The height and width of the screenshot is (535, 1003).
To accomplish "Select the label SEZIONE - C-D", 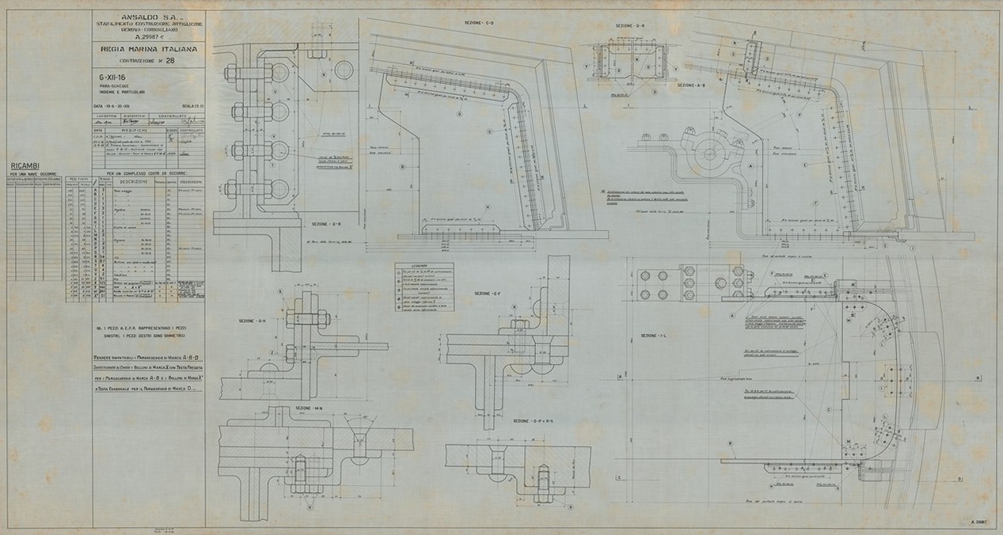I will [479, 24].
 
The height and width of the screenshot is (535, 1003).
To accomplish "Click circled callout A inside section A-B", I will [748, 167].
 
